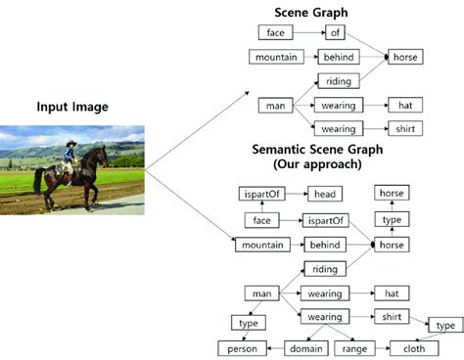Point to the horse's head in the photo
coord(99,155)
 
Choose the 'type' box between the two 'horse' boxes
coord(393,220)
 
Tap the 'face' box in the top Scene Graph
coord(275,32)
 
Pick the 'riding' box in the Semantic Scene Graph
coord(324,268)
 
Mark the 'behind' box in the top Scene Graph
coord(335,57)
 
